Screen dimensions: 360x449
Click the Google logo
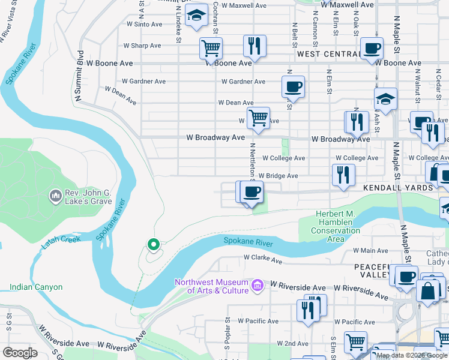20,352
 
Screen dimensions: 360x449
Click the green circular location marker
153,244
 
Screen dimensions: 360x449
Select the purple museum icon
258,284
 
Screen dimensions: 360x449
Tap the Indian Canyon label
36,287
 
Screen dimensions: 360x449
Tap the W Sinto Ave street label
145,25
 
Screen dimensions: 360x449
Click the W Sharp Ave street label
142,46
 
